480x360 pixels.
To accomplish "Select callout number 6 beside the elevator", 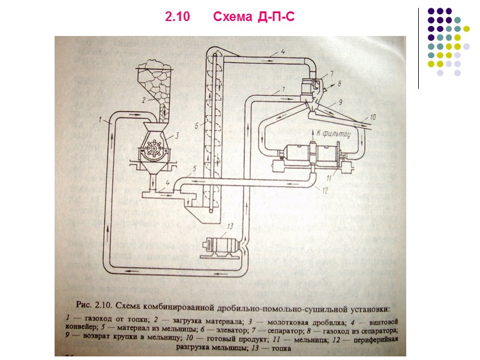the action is [197, 127].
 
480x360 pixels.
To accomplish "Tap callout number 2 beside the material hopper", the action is [143, 100].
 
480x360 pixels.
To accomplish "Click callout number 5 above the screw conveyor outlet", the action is [193, 168].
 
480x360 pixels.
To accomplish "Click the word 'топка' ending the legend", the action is [280, 349].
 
